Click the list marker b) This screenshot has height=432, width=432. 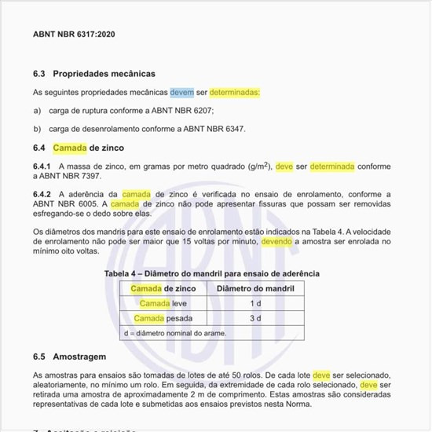37,128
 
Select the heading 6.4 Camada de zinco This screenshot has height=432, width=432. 79,148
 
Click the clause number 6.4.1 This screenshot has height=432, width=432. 42,167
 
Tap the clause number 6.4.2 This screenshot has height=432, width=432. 42,193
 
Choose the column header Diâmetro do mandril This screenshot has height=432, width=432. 254,288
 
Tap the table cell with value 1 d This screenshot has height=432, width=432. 254,303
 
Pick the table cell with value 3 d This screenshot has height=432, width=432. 254,318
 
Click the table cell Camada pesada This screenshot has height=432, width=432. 163,318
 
